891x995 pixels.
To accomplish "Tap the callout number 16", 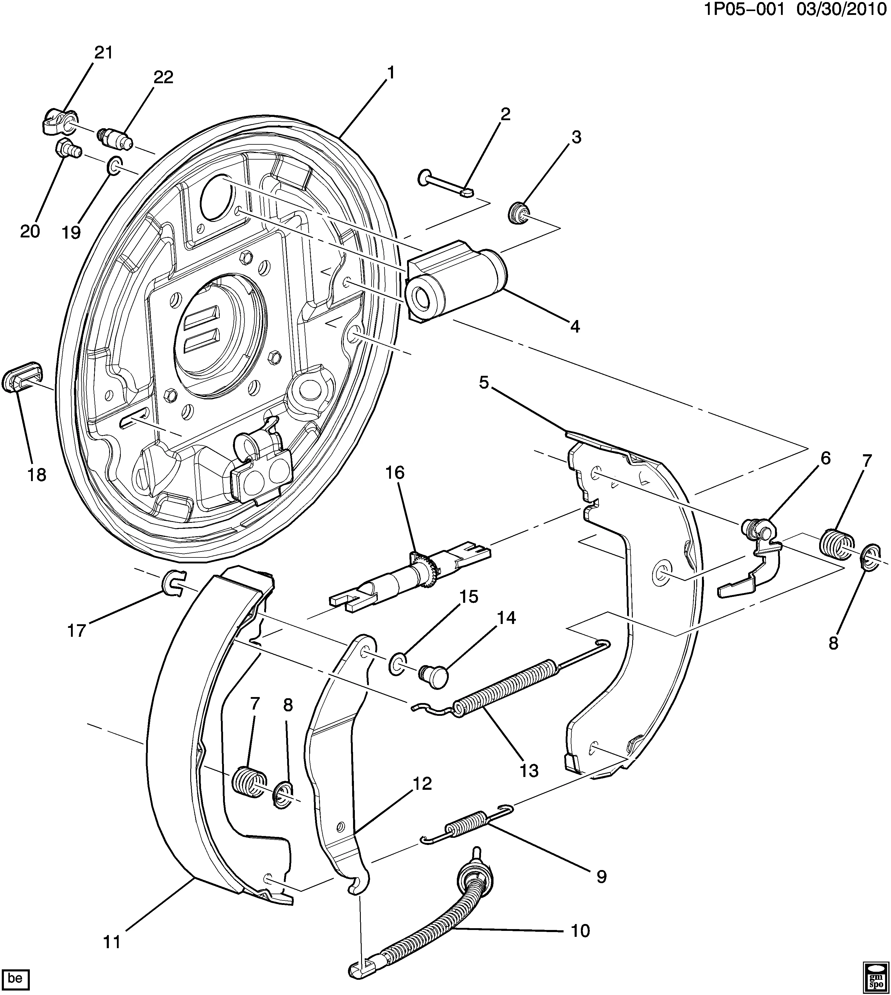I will [395, 472].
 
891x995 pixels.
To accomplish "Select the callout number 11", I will [112, 942].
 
